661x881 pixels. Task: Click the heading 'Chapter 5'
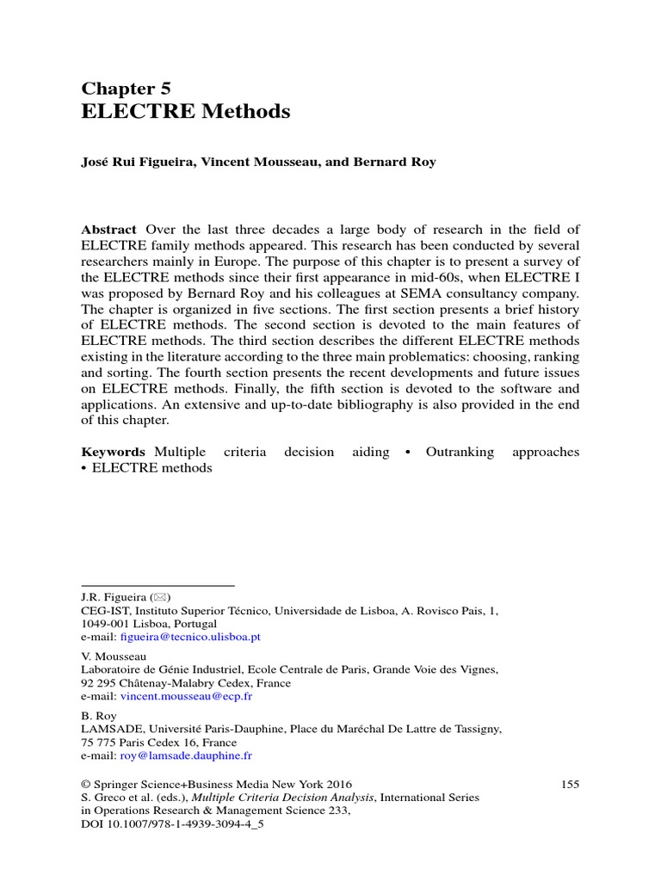coord(126,88)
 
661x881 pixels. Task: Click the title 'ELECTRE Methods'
coord(186,112)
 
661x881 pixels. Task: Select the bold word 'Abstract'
coord(108,229)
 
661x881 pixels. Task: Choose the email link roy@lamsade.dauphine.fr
coord(186,755)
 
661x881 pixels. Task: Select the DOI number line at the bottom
coord(172,823)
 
